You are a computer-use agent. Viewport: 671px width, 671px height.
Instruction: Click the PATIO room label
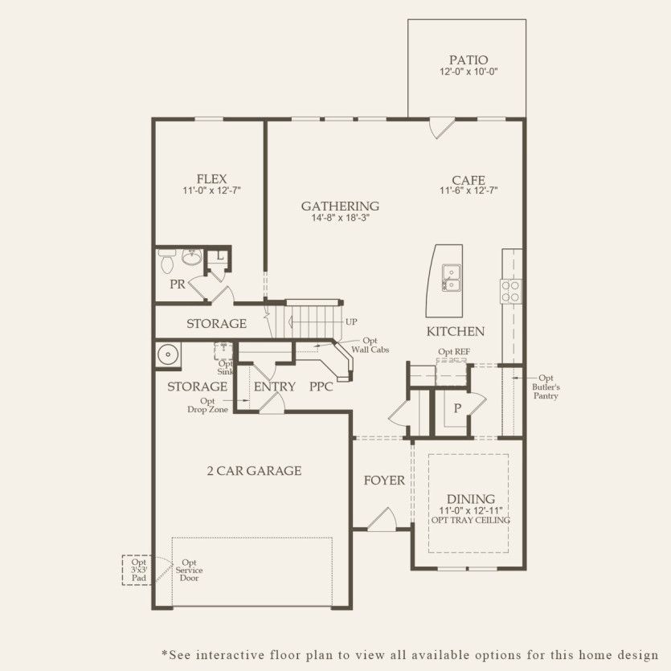tap(468, 59)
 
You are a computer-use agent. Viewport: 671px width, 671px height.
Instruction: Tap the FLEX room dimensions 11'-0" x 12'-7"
tap(211, 191)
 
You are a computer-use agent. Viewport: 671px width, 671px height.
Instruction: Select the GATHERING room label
tap(340, 206)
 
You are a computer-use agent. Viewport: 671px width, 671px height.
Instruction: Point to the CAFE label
tap(468, 181)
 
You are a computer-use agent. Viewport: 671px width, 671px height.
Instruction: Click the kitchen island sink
tap(452, 278)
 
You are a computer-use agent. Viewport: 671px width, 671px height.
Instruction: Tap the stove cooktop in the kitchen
tap(511, 290)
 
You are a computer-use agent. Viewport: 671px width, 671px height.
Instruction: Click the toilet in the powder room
tap(167, 261)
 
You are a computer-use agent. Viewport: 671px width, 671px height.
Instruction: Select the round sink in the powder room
tap(192, 258)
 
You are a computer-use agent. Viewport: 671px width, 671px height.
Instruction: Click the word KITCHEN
tap(455, 331)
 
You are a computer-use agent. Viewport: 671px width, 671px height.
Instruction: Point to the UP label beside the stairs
tap(351, 321)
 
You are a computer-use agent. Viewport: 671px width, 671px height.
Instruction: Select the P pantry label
tap(457, 408)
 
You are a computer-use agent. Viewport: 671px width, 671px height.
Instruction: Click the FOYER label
tap(384, 481)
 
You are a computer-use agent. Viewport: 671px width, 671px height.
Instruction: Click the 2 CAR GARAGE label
tap(253, 471)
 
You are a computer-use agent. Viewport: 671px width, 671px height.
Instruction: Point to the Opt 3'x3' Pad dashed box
tap(136, 570)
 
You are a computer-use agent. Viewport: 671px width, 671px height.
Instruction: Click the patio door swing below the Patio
tap(441, 128)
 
